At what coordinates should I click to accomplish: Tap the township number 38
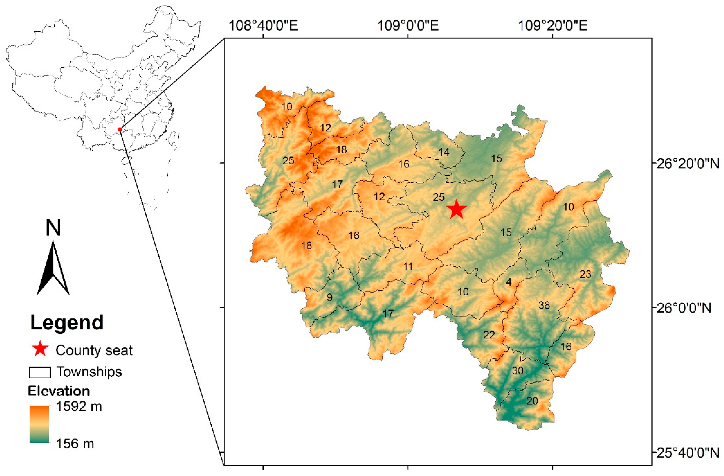point(544,305)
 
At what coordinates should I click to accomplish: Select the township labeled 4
point(509,282)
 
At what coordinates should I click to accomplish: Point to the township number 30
point(518,371)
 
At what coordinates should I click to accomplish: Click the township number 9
point(330,297)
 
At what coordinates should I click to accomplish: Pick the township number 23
point(585,274)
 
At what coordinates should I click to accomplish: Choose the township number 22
point(489,335)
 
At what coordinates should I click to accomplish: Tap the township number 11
point(408,267)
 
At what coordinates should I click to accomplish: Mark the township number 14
point(444,152)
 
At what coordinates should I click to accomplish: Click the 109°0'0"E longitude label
point(408,26)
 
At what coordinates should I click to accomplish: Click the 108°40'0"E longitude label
point(263,26)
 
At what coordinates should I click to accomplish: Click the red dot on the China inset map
point(120,130)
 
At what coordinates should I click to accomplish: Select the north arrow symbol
point(53,268)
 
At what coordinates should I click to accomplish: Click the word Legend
point(67,322)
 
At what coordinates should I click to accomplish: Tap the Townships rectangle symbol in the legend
point(40,372)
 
